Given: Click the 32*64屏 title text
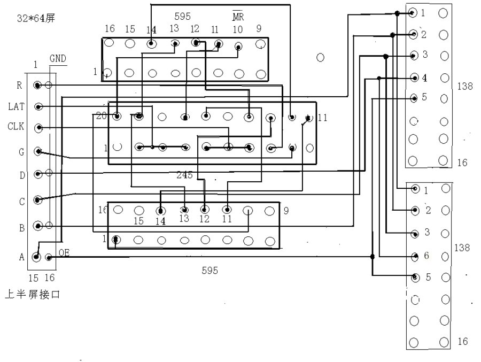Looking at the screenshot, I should [x=35, y=18].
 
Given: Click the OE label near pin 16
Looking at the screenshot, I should [x=64, y=253].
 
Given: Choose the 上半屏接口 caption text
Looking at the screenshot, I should [x=32, y=294].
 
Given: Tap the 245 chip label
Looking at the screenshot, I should [x=184, y=175].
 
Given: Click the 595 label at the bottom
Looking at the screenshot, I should [x=210, y=271].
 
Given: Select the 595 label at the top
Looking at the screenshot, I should [x=182, y=17].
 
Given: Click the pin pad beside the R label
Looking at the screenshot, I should [x=38, y=85].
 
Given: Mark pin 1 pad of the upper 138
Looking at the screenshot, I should [x=413, y=13].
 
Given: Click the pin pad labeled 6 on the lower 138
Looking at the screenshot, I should [x=415, y=256].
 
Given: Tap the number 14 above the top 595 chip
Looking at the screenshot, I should [x=151, y=30].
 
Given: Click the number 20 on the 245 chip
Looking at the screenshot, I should [x=101, y=115].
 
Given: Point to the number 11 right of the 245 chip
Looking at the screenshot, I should [x=322, y=118].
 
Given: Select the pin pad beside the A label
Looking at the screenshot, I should [x=36, y=257].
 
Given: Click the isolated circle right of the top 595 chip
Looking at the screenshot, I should [x=321, y=57].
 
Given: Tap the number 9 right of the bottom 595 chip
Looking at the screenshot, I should [x=286, y=211].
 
